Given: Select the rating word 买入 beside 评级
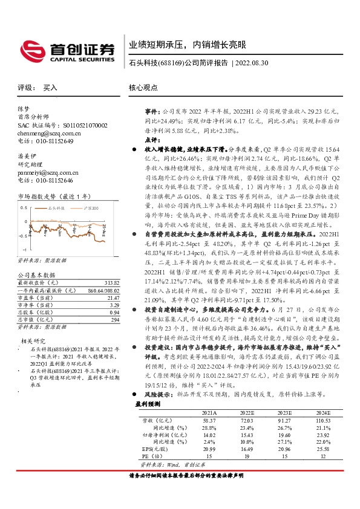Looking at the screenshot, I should pyautogui.click(x=50, y=88).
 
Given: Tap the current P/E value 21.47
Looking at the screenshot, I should pyautogui.click(x=113, y=298).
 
